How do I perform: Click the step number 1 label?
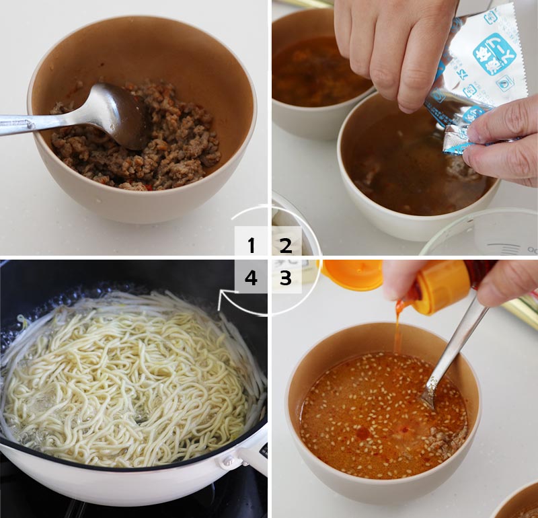pos(252,246)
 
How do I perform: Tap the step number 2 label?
pos(286,246)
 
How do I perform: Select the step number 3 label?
pos(286,278)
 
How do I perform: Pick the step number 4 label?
pos(252,278)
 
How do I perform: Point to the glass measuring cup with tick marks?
pos(484,232)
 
